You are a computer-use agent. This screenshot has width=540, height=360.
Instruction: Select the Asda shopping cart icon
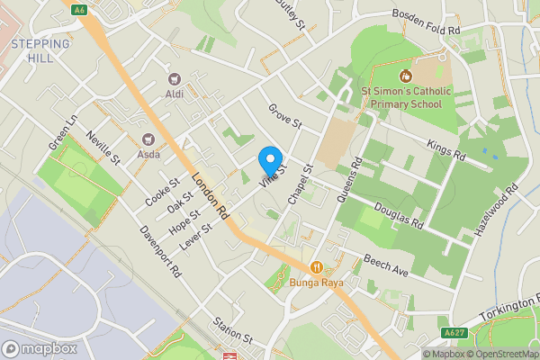click(148, 139)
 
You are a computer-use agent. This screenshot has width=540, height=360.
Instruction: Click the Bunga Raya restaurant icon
click(317, 267)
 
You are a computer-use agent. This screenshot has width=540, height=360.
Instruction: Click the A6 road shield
click(79, 10)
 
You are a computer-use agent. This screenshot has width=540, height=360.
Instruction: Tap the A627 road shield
click(454, 332)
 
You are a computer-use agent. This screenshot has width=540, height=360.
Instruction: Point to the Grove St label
click(283, 121)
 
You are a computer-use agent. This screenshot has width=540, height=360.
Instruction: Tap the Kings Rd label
click(446, 150)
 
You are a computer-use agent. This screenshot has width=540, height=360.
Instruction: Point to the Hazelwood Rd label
click(499, 211)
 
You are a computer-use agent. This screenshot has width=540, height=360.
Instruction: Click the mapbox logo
click(40, 348)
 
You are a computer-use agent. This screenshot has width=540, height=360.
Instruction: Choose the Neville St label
click(103, 148)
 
